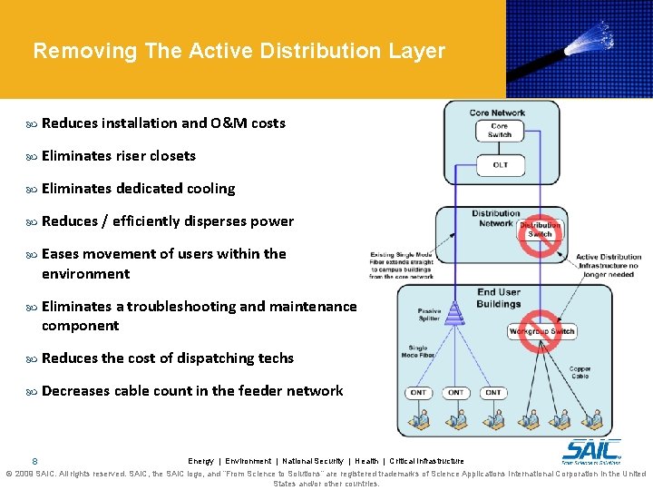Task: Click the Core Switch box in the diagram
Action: click(499, 131)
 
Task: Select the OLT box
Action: click(500, 165)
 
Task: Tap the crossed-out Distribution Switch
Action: click(540, 230)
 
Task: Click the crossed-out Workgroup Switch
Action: click(541, 331)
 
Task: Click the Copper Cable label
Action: click(580, 372)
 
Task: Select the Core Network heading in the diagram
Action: click(497, 113)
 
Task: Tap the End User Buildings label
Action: click(500, 298)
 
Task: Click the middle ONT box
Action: click(455, 393)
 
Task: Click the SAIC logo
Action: click(592, 450)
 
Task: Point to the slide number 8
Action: click(34, 461)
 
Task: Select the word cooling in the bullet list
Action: click(210, 189)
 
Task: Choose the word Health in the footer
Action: click(366, 461)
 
